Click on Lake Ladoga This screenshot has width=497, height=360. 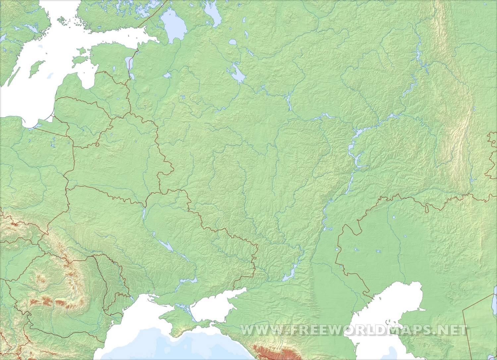pyautogui.click(x=174, y=25)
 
